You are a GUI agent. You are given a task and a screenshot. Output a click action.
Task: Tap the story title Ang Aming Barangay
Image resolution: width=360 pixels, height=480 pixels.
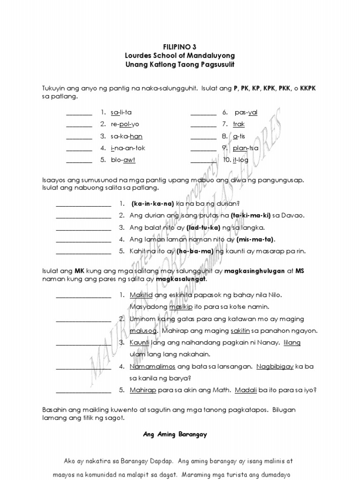coord(175,434)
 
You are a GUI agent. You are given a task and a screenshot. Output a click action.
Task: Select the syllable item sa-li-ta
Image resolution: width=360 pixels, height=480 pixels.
coord(121,112)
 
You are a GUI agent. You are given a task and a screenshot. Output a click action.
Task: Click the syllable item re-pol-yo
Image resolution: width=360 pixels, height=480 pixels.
coord(125,124)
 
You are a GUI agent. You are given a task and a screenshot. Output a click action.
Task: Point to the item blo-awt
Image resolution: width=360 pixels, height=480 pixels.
coord(123,160)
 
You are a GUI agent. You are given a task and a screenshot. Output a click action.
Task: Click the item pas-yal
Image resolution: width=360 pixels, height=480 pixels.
coord(246,112)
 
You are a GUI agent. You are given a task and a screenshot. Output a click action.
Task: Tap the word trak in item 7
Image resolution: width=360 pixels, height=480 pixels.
coord(239,124)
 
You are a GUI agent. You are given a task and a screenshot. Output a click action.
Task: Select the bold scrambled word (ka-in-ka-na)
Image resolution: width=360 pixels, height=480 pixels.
coord(153,203)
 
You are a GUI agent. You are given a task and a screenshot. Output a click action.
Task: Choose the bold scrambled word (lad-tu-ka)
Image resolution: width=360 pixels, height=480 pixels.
coord(203,227)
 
